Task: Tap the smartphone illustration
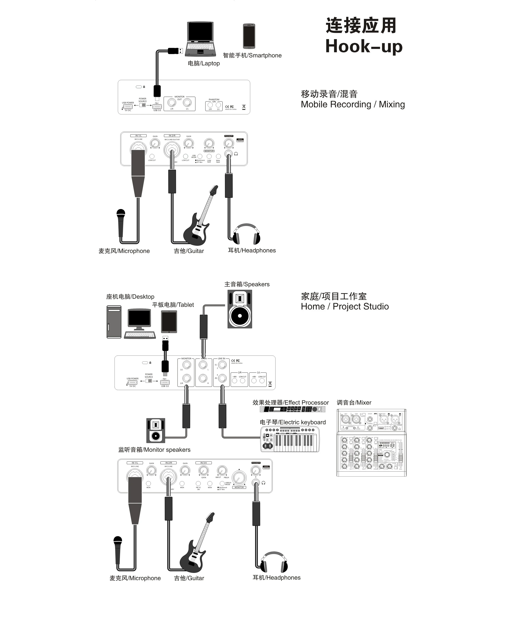(x=249, y=36)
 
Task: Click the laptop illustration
(x=200, y=39)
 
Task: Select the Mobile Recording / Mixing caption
(x=353, y=104)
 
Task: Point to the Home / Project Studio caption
(x=345, y=306)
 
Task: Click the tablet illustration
(x=169, y=322)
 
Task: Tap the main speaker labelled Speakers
(x=239, y=309)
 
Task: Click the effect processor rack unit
(x=292, y=409)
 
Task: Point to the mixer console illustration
(x=371, y=442)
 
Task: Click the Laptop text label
(x=204, y=63)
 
